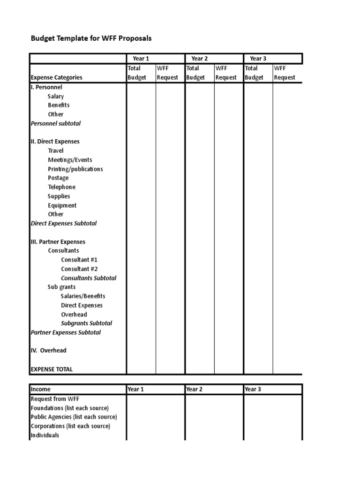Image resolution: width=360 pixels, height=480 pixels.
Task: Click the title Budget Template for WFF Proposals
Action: (x=91, y=38)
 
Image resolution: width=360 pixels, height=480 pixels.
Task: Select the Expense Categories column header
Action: (x=56, y=77)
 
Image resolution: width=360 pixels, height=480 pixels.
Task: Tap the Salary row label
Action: (x=56, y=96)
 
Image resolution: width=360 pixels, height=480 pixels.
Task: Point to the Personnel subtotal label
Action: (x=55, y=123)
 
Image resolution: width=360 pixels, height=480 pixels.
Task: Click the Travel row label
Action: (x=56, y=150)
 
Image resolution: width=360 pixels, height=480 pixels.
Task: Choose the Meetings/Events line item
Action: (x=70, y=160)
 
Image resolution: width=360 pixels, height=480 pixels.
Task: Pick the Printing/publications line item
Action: (x=75, y=169)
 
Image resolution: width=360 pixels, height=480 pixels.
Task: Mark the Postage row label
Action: (x=58, y=178)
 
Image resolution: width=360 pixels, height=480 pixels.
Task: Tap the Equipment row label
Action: (x=62, y=205)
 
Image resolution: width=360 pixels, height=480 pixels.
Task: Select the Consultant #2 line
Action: (x=79, y=269)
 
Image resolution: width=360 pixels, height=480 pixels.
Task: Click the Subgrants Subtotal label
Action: (x=86, y=323)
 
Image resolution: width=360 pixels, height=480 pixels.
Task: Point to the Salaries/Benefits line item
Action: (x=83, y=296)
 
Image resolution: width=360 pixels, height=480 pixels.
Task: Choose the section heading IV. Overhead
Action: (x=48, y=350)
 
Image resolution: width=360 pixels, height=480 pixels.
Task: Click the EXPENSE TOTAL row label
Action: (x=52, y=369)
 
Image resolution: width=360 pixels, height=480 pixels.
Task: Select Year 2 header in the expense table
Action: (x=200, y=59)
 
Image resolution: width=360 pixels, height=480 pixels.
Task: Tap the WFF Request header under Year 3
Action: (x=285, y=73)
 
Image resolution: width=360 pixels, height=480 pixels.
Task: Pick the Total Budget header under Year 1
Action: (x=137, y=73)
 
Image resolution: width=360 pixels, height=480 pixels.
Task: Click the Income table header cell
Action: (x=41, y=389)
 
